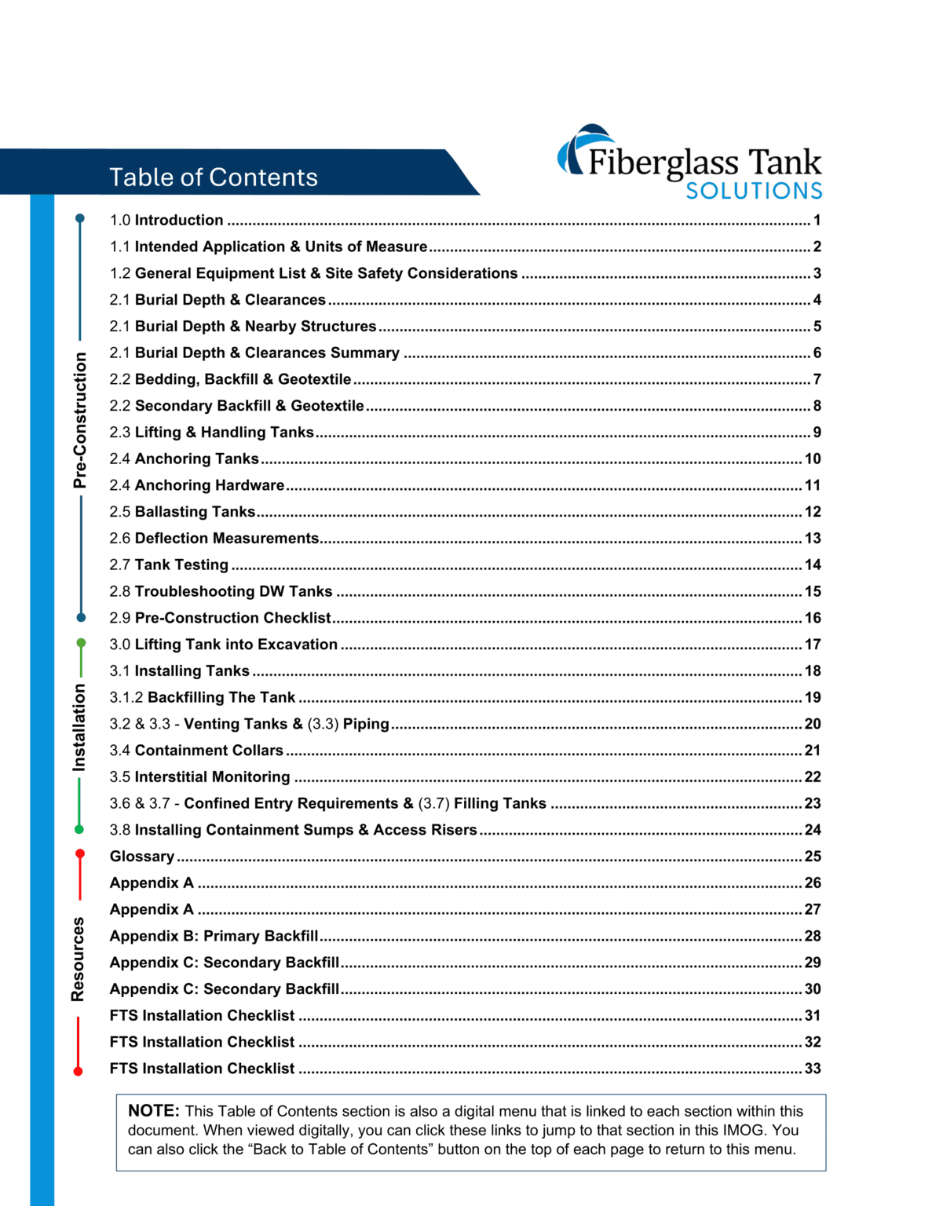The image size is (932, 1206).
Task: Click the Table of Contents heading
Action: click(213, 177)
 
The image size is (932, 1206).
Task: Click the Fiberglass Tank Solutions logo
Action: click(690, 163)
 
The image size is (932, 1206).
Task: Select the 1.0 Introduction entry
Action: click(166, 221)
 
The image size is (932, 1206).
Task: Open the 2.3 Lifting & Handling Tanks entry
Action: click(211, 433)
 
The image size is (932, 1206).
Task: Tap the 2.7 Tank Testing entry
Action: click(169, 565)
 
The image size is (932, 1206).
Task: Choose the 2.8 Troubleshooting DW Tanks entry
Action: click(221, 592)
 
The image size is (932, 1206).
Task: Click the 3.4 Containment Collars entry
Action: click(196, 751)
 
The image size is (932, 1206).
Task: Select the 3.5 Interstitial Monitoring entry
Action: click(199, 777)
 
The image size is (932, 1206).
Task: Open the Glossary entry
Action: click(142, 857)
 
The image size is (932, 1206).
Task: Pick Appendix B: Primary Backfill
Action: click(214, 936)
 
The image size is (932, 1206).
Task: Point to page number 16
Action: click(813, 619)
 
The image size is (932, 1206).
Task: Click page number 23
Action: click(813, 804)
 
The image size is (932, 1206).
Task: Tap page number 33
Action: click(813, 1069)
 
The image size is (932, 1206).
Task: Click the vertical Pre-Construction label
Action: click(80, 420)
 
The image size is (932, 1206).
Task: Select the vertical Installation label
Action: click(79, 727)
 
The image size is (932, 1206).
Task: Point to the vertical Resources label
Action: click(78, 959)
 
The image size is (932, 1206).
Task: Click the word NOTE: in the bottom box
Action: click(154, 1111)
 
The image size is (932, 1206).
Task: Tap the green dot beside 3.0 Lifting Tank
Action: click(81, 644)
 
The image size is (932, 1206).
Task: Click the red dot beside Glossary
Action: click(80, 854)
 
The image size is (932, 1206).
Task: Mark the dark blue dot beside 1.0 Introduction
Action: click(80, 218)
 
